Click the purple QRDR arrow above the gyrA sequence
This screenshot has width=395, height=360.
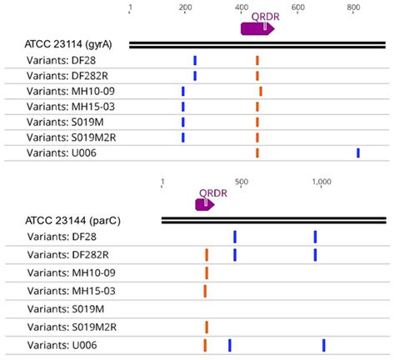pos(257,28)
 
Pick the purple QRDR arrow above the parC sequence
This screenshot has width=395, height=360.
pos(205,203)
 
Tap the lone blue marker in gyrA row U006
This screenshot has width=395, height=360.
pos(358,152)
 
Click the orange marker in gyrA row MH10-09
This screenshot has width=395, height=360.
pos(261,91)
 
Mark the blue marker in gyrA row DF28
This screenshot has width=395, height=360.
pos(195,60)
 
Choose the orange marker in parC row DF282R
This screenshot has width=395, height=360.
pos(207,254)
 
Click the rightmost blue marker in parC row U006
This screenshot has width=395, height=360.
pos(323,345)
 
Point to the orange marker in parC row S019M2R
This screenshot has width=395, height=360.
pos(207,327)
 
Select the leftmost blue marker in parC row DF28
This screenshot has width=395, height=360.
pos(235,237)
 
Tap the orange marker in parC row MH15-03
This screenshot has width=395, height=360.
pos(205,291)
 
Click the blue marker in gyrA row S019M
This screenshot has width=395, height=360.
pos(183,122)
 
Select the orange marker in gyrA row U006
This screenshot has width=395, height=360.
pos(257,152)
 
